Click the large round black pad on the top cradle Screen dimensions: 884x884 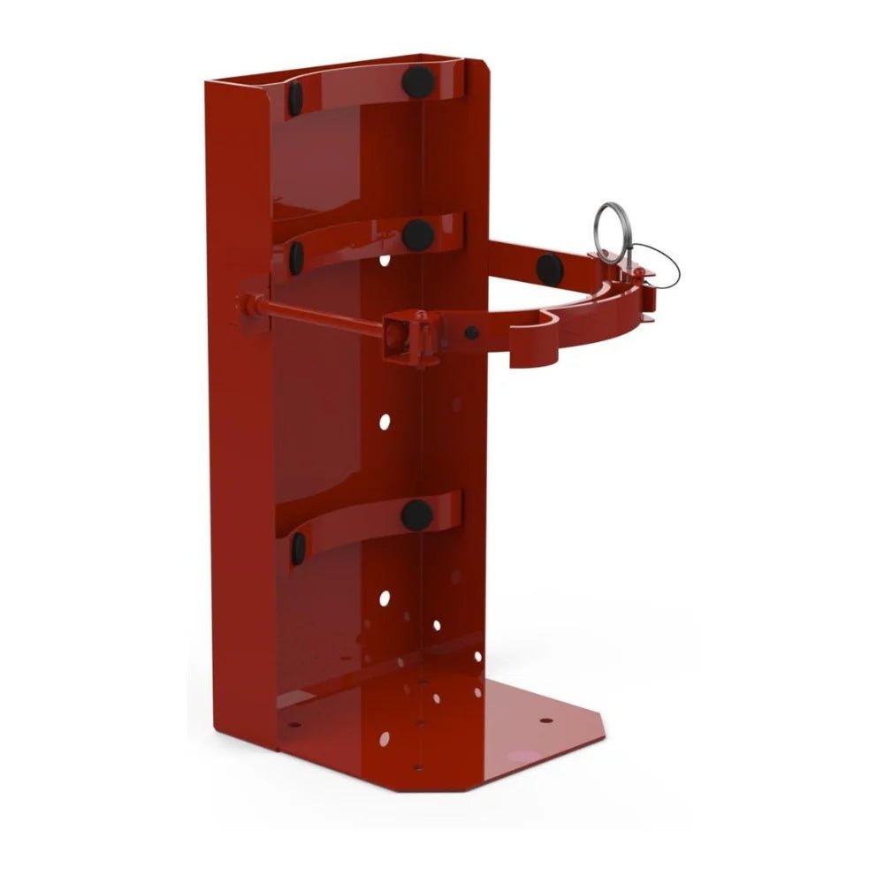coord(418,82)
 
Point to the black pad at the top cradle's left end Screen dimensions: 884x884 coord(295,97)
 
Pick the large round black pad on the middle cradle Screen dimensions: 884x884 coord(417,234)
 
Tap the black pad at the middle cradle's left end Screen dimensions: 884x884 coord(297,257)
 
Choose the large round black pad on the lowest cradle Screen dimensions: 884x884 coord(416,514)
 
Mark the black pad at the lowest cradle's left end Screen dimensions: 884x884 coord(298,548)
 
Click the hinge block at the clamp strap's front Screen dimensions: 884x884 coord(408,336)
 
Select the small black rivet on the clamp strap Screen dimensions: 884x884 coord(472,333)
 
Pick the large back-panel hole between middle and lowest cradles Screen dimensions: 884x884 coord(385,422)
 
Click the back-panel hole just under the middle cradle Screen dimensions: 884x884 coord(385,261)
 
